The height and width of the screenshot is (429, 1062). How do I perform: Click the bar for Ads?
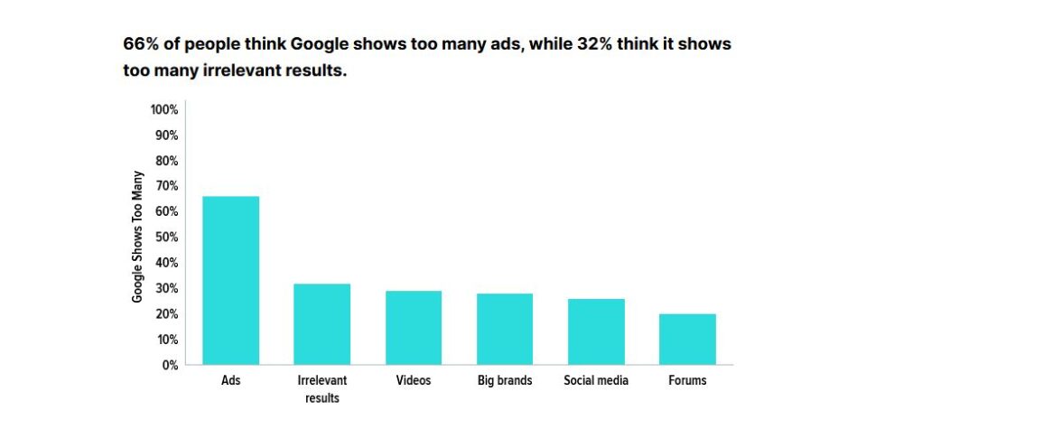click(230, 280)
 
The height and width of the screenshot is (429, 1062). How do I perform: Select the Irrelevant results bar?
click(322, 324)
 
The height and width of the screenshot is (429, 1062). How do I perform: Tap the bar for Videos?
click(414, 328)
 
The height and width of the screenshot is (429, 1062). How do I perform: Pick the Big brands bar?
click(505, 329)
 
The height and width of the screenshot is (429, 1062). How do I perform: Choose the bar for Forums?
click(687, 340)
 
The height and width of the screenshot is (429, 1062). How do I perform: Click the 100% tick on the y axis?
click(164, 110)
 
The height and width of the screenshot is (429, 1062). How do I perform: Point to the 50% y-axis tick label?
click(167, 238)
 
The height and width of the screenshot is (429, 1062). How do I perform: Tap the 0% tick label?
click(170, 365)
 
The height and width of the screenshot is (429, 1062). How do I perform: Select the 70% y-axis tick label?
click(167, 186)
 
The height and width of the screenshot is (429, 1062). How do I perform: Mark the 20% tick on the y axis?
click(167, 314)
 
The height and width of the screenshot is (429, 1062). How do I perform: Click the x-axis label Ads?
click(230, 381)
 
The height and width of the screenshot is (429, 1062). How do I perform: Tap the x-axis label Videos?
click(414, 381)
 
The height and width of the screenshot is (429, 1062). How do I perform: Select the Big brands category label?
click(505, 381)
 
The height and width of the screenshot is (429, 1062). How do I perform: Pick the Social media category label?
click(596, 381)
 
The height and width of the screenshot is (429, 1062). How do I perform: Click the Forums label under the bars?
click(687, 381)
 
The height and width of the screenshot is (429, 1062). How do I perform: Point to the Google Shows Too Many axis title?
click(138, 237)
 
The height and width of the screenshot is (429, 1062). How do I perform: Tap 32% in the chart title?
click(596, 44)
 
